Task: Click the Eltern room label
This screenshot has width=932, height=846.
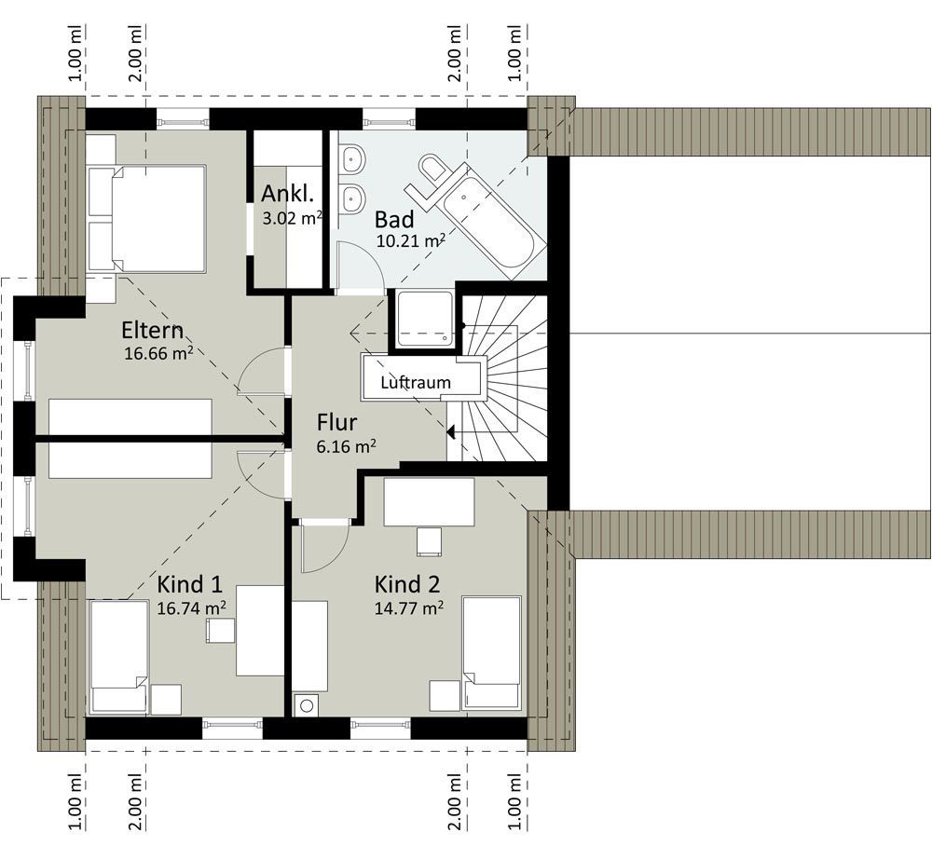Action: click(152, 330)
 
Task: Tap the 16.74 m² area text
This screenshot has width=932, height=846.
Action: click(191, 607)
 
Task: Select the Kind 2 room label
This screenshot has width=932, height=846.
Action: click(407, 584)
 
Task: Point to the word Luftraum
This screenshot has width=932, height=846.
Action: click(416, 383)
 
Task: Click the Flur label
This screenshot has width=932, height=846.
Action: click(337, 422)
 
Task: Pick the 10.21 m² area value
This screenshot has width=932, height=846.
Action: click(411, 240)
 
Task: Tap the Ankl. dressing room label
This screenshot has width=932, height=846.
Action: click(287, 194)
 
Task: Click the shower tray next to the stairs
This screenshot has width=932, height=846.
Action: click(425, 319)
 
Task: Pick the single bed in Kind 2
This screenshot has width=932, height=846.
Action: click(491, 653)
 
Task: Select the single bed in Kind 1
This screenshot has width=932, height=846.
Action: click(118, 657)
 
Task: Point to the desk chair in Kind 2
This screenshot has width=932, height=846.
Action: click(429, 541)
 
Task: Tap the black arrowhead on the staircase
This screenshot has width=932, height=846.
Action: click(450, 432)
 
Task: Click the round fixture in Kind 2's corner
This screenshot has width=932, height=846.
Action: click(307, 706)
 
